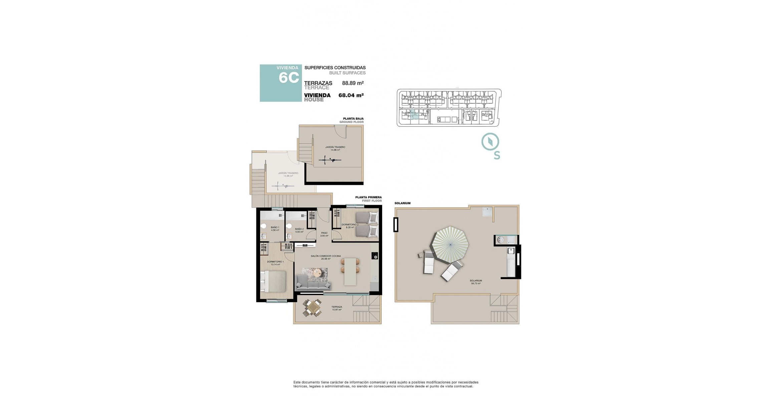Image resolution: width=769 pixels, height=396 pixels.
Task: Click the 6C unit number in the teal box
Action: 288,78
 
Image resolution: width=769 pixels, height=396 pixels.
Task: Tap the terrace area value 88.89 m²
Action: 353,83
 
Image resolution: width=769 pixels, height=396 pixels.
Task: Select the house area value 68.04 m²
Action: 351,95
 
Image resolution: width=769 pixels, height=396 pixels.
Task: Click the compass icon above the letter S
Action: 490,142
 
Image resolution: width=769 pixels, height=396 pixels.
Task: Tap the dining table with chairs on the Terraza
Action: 312,308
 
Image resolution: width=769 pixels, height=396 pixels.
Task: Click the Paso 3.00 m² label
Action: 324,234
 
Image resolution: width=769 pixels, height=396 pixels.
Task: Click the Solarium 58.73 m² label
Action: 476,282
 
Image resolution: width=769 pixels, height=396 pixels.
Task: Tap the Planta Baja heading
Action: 353,119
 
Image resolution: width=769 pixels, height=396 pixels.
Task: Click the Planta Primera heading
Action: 368,197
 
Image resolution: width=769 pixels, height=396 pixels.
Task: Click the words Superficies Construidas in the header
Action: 335,68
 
